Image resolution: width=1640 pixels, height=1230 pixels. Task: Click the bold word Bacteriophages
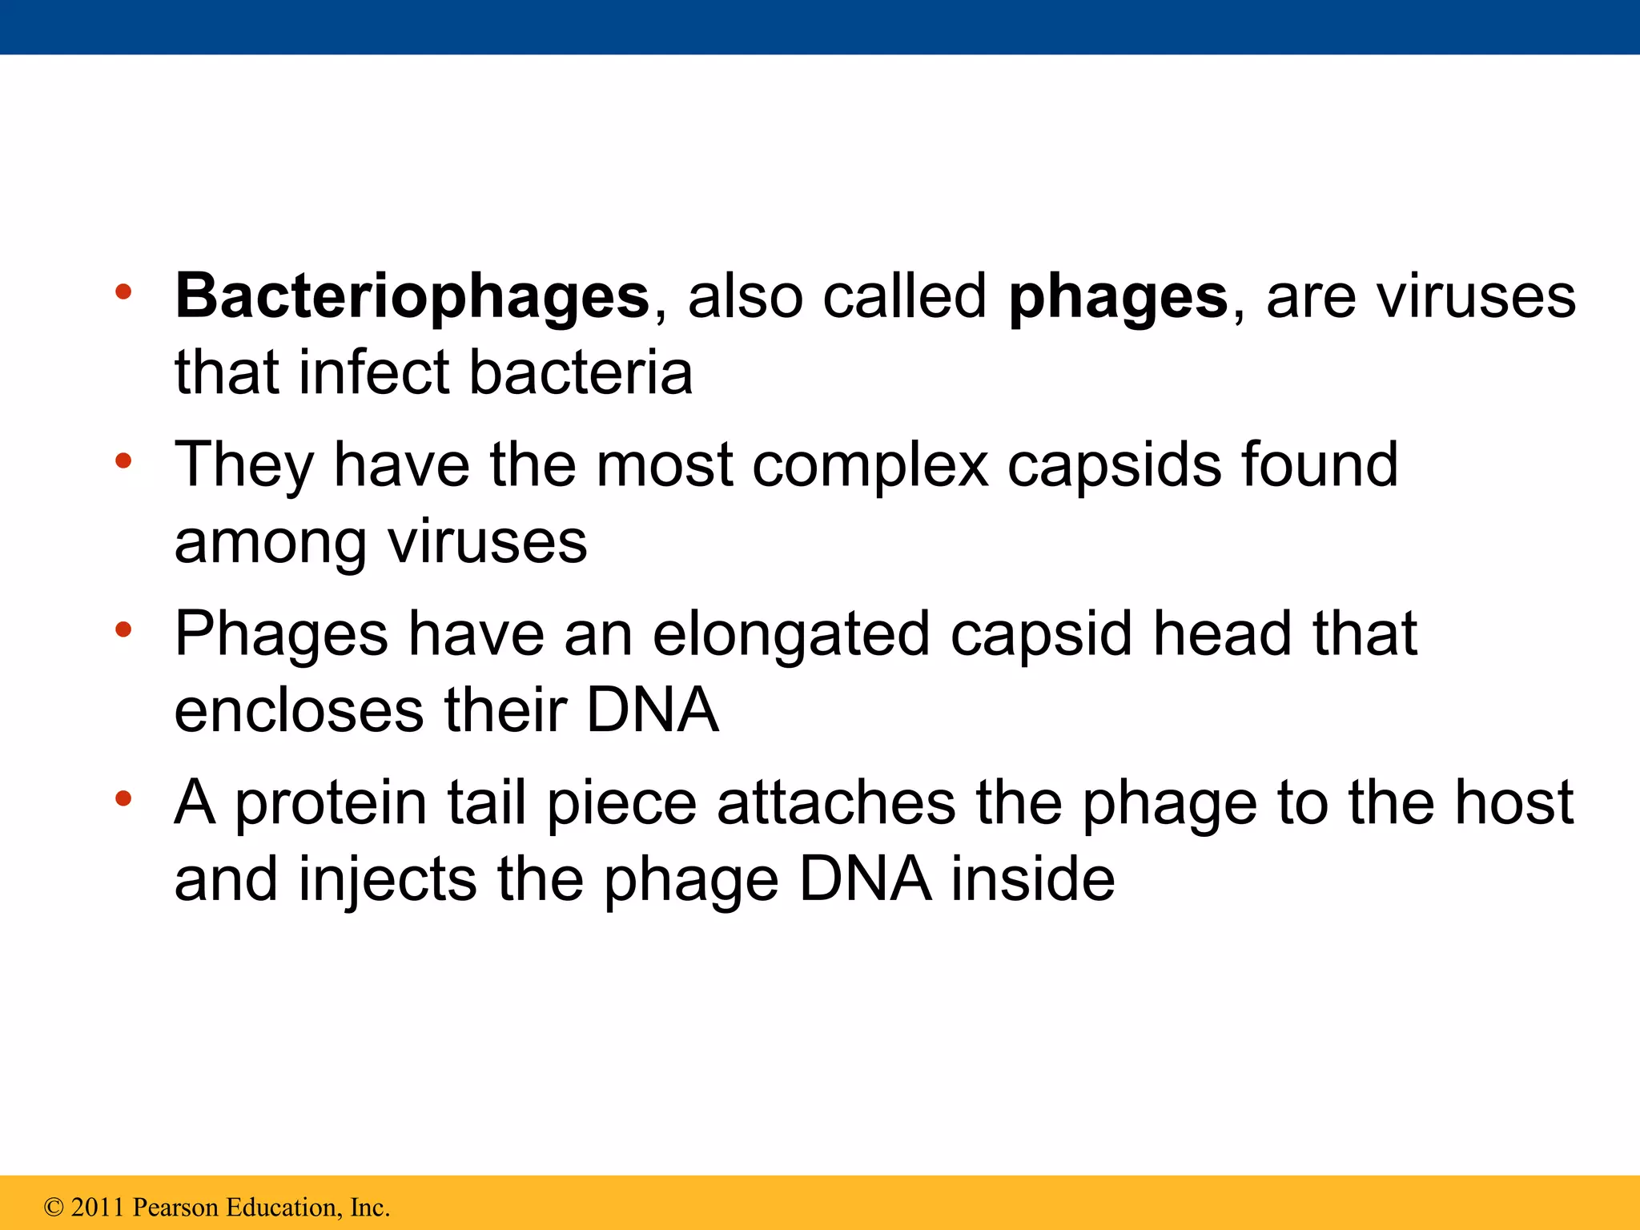(412, 297)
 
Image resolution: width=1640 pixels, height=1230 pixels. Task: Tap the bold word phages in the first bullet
(1118, 297)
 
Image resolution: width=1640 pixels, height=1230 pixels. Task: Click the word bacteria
(581, 373)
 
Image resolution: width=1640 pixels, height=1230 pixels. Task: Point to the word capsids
(1114, 465)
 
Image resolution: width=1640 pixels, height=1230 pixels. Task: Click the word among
(271, 543)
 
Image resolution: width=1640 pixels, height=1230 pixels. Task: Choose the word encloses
(299, 711)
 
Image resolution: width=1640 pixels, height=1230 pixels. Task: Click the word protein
(331, 803)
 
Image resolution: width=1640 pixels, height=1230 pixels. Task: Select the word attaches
(836, 803)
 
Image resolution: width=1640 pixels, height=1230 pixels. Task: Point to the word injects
(388, 879)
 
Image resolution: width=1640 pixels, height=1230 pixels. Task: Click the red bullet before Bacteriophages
(123, 292)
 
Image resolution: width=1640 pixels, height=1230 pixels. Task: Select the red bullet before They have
(123, 461)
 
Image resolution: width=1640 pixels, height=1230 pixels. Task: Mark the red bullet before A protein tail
(123, 798)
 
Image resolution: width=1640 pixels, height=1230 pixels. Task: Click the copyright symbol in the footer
(54, 1208)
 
